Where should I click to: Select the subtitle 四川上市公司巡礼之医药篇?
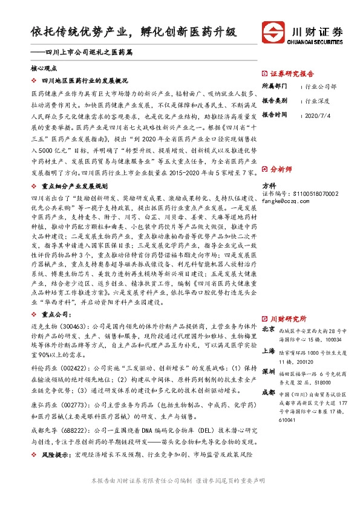(x=84, y=53)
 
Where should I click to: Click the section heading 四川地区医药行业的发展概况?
(x=85, y=80)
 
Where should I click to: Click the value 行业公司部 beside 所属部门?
(x=321, y=86)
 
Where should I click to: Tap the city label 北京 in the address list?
(x=269, y=329)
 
